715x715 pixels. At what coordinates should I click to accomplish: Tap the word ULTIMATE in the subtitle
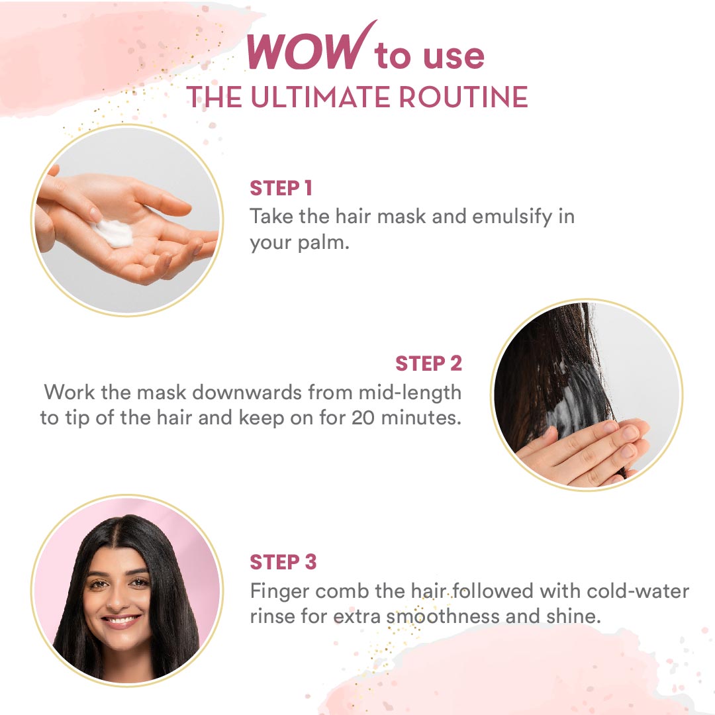point(321,97)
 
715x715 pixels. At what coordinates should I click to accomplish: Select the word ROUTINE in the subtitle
point(463,97)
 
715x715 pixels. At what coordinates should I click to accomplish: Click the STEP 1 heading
point(281,188)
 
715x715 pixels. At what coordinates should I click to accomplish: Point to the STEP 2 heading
point(428,363)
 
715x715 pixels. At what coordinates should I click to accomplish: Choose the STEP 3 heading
point(283,562)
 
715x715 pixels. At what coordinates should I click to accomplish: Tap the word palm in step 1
point(323,243)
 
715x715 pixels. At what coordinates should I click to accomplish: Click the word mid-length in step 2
point(410,393)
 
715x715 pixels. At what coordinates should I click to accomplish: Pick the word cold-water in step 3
point(638,591)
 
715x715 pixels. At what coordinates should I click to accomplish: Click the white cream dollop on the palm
point(112,233)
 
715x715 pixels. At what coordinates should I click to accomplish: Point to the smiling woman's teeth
point(120,620)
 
